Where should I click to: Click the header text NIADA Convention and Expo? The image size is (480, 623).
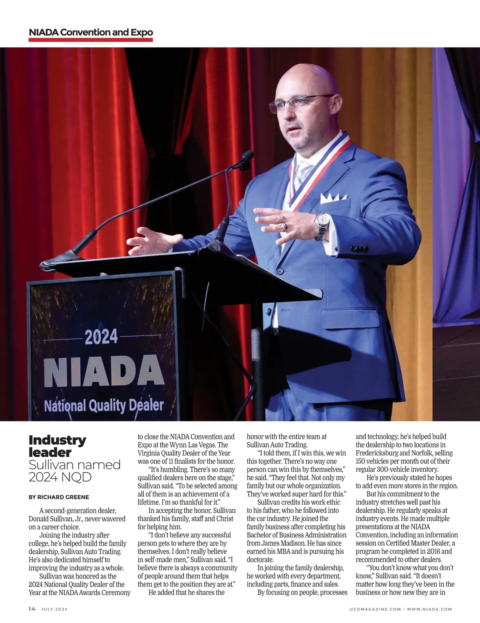click(91, 32)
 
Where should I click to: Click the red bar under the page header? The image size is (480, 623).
click(91, 40)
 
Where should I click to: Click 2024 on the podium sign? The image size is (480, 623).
click(101, 336)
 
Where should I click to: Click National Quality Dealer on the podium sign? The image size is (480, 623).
click(104, 405)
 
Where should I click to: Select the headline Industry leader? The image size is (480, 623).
click(57, 446)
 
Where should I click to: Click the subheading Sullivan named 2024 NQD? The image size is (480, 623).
click(74, 471)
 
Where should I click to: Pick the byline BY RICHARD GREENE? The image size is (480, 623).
click(59, 497)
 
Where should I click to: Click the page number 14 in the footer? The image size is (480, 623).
click(32, 609)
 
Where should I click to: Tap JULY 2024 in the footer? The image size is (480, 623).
click(54, 609)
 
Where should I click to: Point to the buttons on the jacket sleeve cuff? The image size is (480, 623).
click(359, 249)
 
